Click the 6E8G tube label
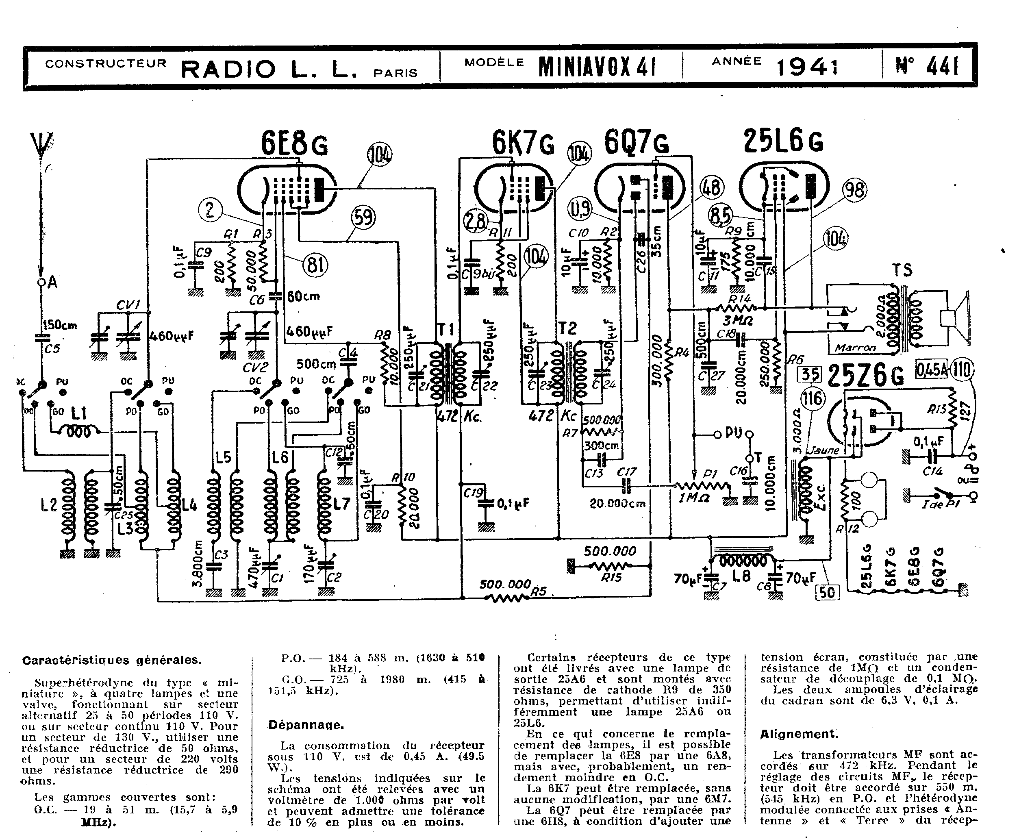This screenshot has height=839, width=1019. pyautogui.click(x=294, y=143)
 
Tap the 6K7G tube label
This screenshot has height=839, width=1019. pyautogui.click(x=523, y=142)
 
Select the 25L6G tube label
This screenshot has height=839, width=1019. pyautogui.click(x=783, y=141)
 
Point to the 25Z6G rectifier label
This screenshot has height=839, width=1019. pyautogui.click(x=865, y=376)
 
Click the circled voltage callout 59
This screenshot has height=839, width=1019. pyautogui.click(x=363, y=217)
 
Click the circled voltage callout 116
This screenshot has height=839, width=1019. pyautogui.click(x=812, y=398)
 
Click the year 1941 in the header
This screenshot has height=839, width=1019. pyautogui.click(x=807, y=67)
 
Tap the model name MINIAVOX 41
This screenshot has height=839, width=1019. pyautogui.click(x=597, y=67)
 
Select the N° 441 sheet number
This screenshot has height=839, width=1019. pyautogui.click(x=927, y=67)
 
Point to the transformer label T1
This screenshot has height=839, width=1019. pyautogui.click(x=445, y=330)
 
